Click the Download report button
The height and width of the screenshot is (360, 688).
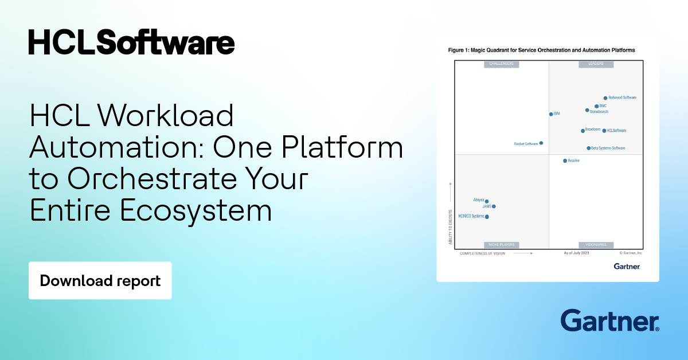pos(100,281)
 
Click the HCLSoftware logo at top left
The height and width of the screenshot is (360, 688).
pos(131,42)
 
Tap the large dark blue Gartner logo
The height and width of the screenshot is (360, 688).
pos(609,321)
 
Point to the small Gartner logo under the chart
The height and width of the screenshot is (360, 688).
pos(627,266)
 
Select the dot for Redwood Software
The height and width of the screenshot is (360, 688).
pos(605,98)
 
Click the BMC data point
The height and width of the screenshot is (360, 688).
pos(596,106)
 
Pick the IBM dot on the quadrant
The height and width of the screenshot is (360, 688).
pos(551,114)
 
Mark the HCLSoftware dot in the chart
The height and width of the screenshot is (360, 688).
pos(604,131)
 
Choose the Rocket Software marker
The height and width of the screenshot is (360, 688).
pos(541,143)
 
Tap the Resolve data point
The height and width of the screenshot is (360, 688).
pos(565,161)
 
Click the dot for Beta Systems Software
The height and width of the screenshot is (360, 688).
pos(588,148)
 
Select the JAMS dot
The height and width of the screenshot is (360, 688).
pos(494,206)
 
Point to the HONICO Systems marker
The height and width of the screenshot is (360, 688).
pos(487,217)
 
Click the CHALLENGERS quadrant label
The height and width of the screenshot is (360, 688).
pos(501,64)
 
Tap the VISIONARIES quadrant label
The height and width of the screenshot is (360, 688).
pos(596,245)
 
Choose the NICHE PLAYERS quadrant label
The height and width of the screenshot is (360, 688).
pos(501,245)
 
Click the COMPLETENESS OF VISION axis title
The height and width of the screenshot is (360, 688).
pos(482,253)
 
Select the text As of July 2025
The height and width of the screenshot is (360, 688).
pos(576,252)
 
